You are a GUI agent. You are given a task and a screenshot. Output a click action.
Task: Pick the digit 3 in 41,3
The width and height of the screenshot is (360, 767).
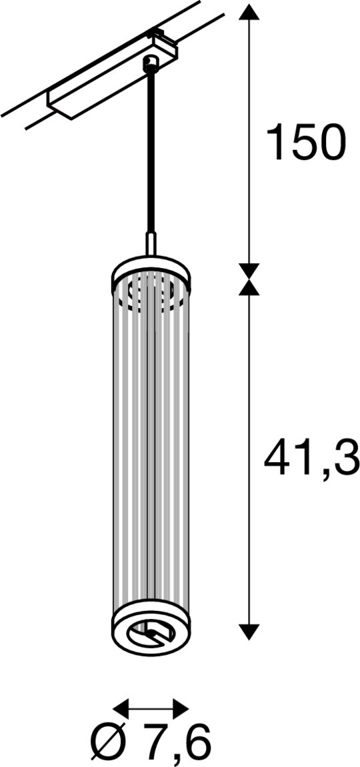(x=344, y=458)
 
